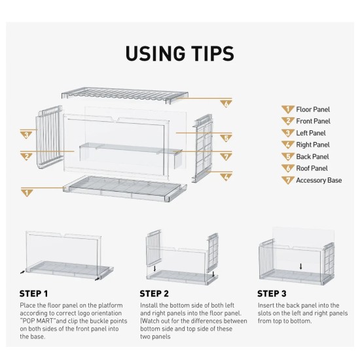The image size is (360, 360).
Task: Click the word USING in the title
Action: [x=155, y=53]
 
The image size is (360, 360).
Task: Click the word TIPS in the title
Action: [x=213, y=53]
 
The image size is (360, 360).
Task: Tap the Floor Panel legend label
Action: [x=313, y=109]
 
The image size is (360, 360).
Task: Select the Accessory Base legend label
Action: [x=319, y=180]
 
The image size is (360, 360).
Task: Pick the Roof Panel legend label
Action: [x=312, y=168]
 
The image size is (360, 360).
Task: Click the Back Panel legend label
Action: [x=312, y=156]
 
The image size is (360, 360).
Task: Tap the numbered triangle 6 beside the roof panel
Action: [x=226, y=104]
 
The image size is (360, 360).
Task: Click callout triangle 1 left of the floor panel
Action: [x=27, y=193]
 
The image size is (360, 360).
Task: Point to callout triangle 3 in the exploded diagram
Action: [x=26, y=135]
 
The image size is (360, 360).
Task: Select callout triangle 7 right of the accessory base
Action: [x=226, y=157]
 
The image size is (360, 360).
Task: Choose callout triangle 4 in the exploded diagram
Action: [x=226, y=177]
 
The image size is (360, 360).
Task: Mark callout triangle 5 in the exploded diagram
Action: [x=226, y=138]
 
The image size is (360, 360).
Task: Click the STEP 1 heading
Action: [x=33, y=294]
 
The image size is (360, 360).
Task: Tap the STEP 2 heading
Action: [x=154, y=294]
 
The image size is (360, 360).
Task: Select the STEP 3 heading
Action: [x=272, y=294]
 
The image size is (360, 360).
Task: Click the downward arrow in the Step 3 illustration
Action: [x=301, y=266]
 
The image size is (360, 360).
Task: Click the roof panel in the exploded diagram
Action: [x=125, y=95]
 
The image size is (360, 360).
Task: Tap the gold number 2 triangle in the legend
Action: [x=288, y=121]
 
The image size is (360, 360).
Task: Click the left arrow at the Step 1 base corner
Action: [x=22, y=272]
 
